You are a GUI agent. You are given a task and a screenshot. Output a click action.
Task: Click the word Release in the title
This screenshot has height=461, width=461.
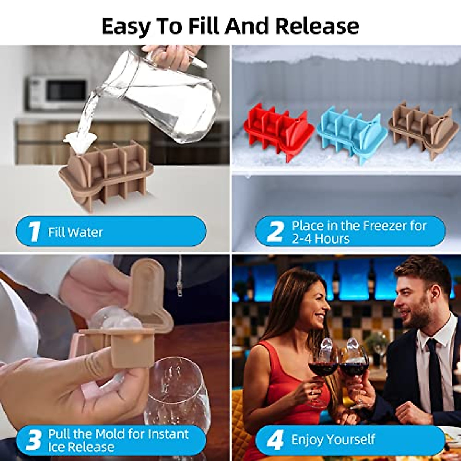click(x=317, y=26)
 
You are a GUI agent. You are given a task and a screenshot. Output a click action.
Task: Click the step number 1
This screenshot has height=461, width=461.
click(x=34, y=232)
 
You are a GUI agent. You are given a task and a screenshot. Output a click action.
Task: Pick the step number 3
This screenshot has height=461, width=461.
click(x=33, y=440)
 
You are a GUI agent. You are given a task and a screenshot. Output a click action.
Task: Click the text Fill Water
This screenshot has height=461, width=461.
click(x=75, y=232)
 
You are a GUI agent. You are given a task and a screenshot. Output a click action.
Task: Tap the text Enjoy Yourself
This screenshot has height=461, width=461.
click(x=333, y=439)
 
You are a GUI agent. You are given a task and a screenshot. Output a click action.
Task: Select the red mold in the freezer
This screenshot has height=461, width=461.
click(x=275, y=131)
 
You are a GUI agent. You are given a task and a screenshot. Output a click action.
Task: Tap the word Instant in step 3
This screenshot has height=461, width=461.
click(x=168, y=434)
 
